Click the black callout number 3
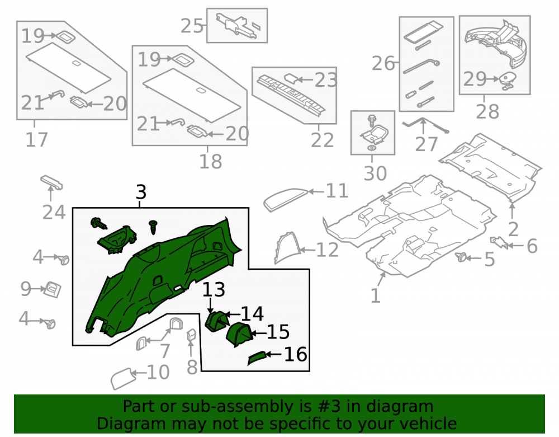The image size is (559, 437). point(141,192)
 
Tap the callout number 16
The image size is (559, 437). point(295,355)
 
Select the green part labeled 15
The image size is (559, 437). point(239,335)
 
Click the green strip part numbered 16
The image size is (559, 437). point(257,358)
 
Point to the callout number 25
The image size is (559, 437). point(192,26)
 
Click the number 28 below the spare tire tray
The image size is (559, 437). point(487,112)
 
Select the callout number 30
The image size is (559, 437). point(375,173)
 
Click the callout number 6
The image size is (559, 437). point(532,246)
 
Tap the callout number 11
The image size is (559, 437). point(337,191)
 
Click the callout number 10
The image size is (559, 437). point(158,373)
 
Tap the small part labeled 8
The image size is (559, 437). point(191,336)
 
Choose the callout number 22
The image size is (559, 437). point(323,140)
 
